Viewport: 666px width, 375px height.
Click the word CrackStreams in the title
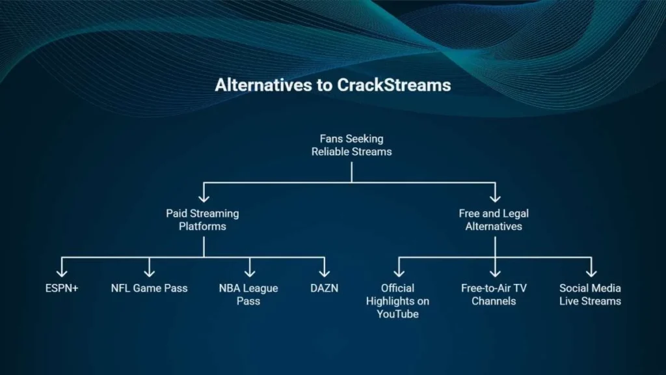coord(393,85)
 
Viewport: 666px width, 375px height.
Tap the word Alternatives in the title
coord(263,85)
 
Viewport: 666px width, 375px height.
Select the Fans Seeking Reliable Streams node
coord(352,145)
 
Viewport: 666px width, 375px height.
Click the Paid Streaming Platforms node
coord(203,220)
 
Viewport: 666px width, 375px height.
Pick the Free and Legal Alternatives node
coord(494,220)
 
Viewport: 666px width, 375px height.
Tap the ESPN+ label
coord(62,288)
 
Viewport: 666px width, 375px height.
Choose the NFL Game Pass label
coord(149,288)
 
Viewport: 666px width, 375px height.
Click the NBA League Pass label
coord(248,295)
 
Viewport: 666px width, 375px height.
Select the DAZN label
coord(324,288)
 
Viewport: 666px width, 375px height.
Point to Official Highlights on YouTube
coord(397,301)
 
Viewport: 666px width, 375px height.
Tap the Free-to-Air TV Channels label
coord(494,295)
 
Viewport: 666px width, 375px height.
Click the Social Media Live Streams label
coord(590,295)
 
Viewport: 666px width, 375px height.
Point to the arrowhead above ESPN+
coord(62,273)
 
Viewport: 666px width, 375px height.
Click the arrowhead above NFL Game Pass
coord(149,273)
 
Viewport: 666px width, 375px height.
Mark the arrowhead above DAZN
coord(325,273)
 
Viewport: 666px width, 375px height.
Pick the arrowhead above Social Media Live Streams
coord(591,273)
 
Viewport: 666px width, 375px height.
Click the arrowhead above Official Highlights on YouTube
coord(399,273)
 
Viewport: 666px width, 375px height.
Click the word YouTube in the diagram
coord(397,314)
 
